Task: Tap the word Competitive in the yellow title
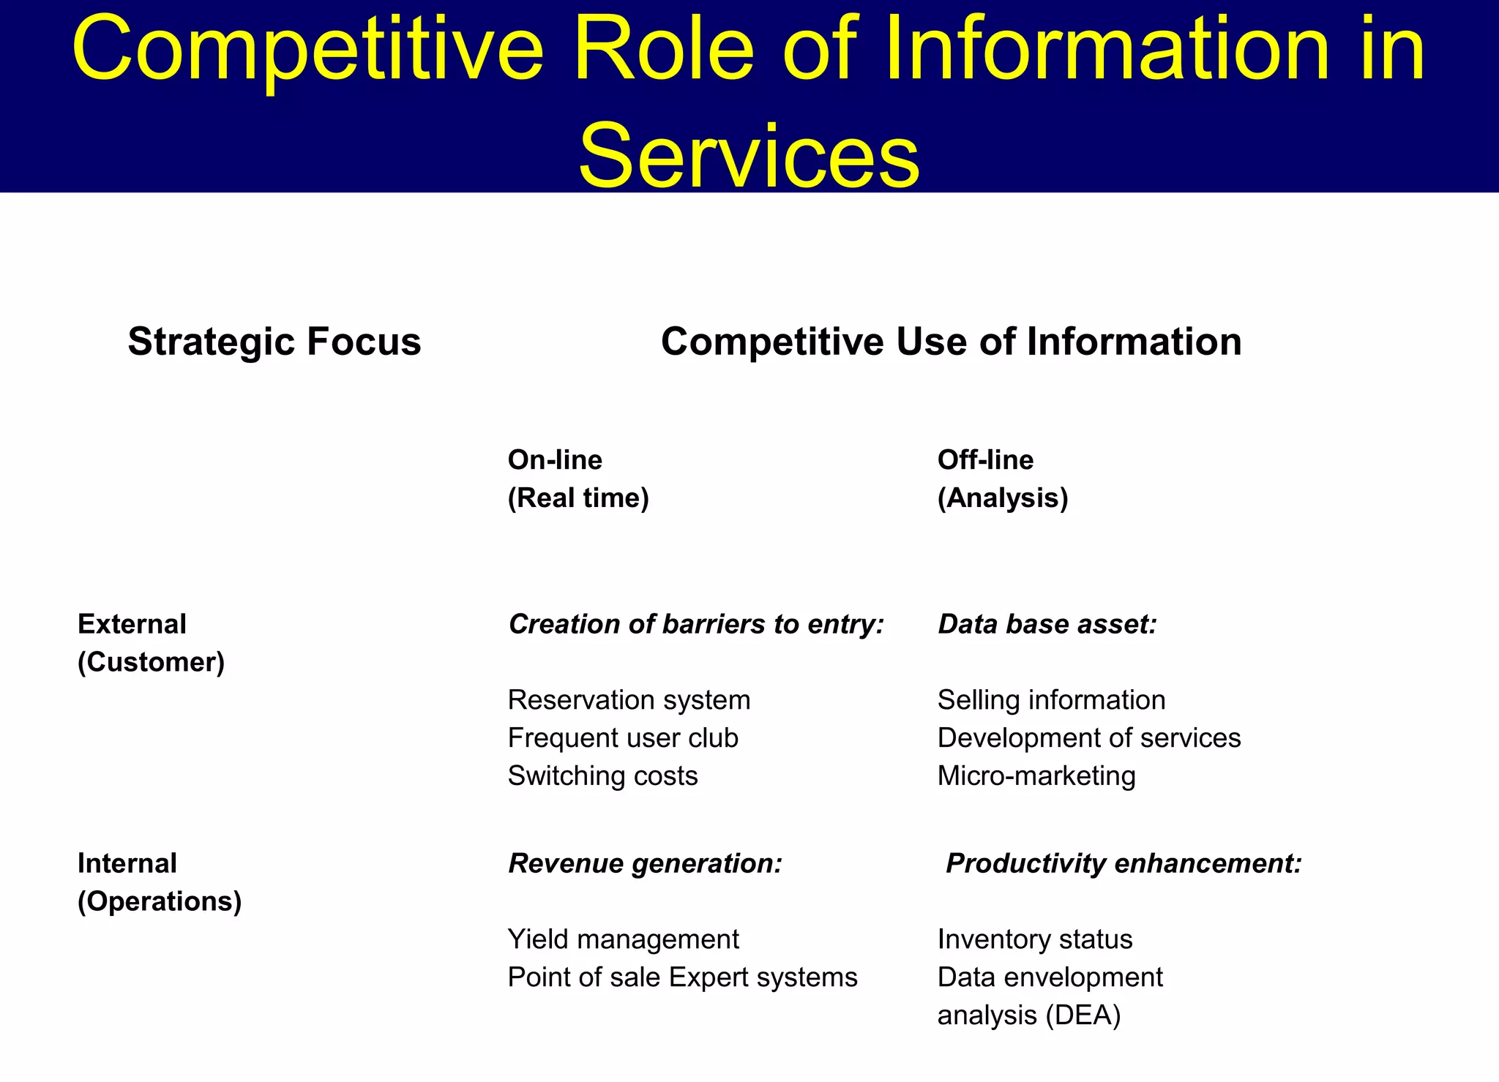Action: (307, 50)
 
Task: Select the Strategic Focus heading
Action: (274, 342)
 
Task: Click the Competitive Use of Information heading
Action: (951, 342)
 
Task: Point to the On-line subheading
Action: (555, 460)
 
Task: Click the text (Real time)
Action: (578, 498)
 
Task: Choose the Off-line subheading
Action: (985, 460)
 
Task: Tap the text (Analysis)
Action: (1003, 498)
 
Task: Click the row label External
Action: (132, 624)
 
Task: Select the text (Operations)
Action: (160, 901)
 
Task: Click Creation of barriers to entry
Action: (696, 624)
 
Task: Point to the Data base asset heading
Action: (1047, 624)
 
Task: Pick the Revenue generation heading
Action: (645, 863)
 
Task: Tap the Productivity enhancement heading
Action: (1124, 863)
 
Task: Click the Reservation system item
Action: (629, 700)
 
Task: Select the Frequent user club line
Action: (623, 738)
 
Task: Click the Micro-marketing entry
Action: (1036, 776)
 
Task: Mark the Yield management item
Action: (623, 939)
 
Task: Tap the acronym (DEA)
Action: (1083, 1015)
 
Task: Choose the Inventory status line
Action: (1035, 939)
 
